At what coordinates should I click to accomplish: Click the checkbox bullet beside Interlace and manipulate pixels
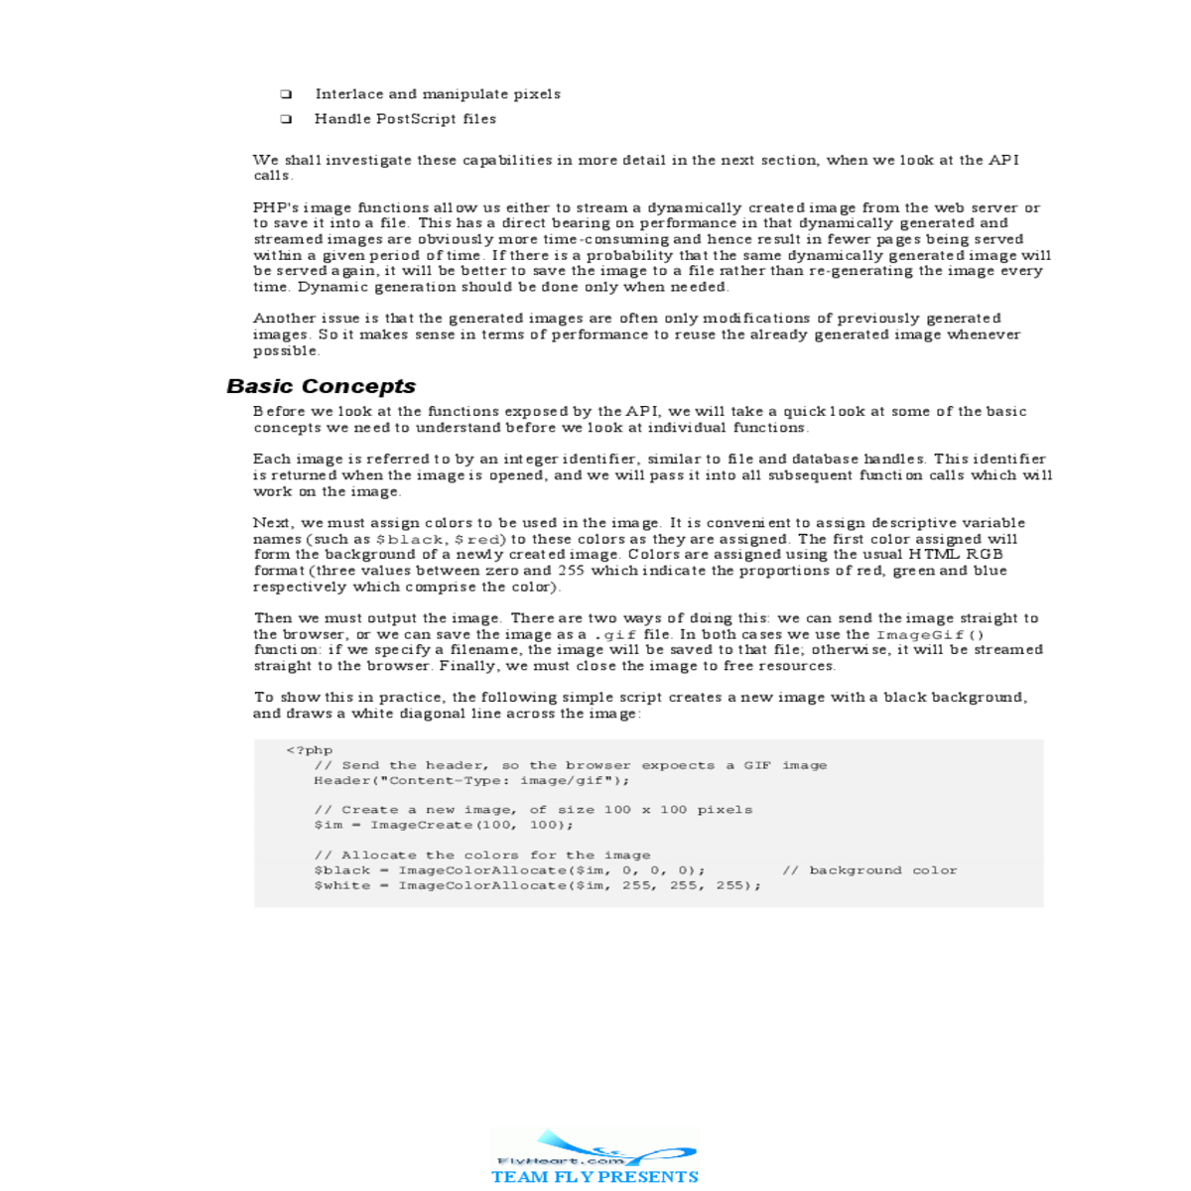tap(286, 95)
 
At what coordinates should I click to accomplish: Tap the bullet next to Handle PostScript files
tap(286, 119)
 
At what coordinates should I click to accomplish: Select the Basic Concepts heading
tap(321, 386)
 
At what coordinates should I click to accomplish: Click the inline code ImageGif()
tap(929, 634)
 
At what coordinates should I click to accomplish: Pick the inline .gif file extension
tap(615, 634)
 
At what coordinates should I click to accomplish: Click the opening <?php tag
tap(309, 750)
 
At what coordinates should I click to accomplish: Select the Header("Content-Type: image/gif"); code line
tap(471, 780)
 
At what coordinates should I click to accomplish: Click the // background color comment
tap(869, 870)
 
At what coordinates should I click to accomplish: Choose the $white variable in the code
tap(341, 885)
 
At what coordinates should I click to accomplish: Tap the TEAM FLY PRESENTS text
tap(595, 1177)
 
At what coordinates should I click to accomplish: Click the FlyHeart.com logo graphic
tap(594, 1148)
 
